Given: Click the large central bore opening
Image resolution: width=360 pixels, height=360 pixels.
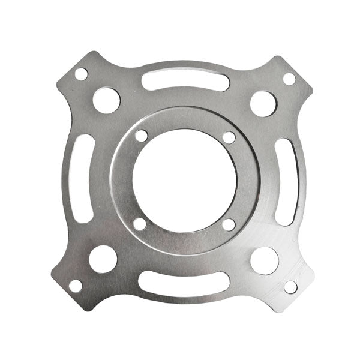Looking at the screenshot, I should coord(185,180).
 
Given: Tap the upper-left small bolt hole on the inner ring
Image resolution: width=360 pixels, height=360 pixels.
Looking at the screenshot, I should coord(141,136).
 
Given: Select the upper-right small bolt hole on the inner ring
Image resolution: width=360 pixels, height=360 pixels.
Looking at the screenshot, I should coord(229,137).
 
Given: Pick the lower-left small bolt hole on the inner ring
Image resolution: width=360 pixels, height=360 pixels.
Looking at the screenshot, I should coord(139,224).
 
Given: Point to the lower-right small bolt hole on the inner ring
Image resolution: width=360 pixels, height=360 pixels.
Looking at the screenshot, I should coord(228,224).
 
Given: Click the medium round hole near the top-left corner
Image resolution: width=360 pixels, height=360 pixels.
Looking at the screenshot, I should coord(106,100).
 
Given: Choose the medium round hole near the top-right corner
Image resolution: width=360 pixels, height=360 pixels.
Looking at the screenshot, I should coord(263,103).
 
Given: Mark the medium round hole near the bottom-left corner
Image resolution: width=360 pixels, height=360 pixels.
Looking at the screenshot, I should coord(103,259).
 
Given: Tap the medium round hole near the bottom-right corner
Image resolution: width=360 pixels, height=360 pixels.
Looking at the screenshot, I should coord(264,260).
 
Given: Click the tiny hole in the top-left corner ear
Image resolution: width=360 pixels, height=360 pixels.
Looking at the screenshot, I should coord(81,74).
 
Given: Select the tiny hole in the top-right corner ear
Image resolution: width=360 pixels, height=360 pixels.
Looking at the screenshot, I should coord(289,79).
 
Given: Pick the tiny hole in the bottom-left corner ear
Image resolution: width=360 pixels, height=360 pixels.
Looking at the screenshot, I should coord(76,286).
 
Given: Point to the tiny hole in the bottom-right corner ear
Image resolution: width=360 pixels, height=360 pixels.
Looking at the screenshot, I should coord(290,287).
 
